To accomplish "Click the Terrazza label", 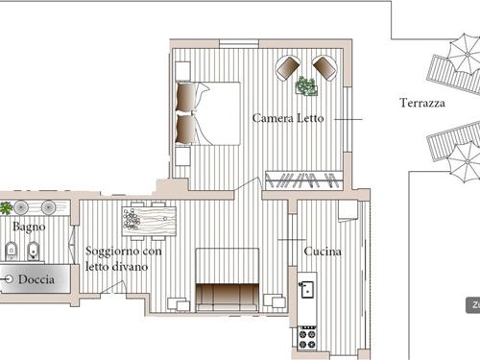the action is [422, 103].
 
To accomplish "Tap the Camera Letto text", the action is [288, 118].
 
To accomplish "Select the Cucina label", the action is [323, 252].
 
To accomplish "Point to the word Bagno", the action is [29, 227].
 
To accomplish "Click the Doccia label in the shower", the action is [36, 279].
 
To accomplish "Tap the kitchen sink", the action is [306, 289].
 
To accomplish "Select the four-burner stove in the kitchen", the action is [307, 338].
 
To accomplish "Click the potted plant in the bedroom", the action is [306, 85].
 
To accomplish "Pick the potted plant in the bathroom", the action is [6, 208].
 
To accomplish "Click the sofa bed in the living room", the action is [228, 279].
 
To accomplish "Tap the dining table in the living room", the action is [149, 221].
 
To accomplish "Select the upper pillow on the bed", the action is [185, 97].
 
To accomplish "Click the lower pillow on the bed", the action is [185, 129].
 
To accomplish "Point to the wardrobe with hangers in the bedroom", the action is [304, 180].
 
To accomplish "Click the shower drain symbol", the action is [9, 279].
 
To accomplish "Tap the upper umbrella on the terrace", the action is [468, 54].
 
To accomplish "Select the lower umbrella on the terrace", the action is [468, 162].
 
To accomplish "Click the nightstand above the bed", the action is [183, 71].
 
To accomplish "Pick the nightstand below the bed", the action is [183, 156].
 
